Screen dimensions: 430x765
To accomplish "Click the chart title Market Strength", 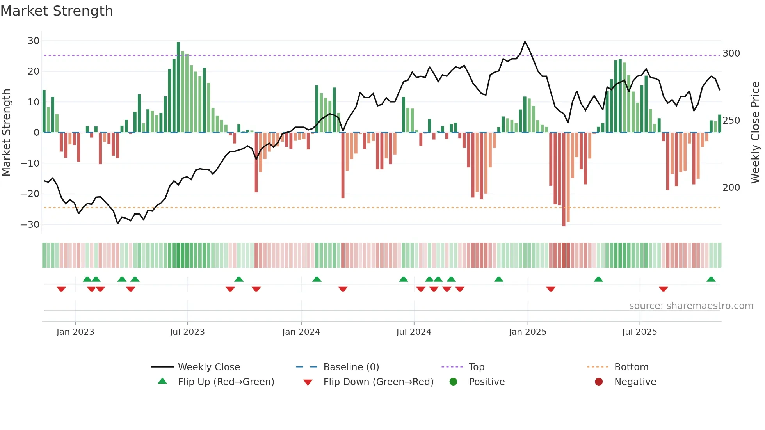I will point(57,11).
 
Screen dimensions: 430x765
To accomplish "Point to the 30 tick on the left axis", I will point(34,41).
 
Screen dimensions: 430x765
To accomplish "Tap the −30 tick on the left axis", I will point(30,225).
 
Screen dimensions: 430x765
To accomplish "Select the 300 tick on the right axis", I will point(731,53).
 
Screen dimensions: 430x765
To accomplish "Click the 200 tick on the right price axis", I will point(731,188).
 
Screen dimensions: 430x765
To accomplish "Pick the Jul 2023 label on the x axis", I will point(187,332).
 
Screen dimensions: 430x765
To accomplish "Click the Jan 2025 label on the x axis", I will point(527,332).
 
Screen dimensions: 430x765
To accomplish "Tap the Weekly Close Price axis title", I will point(755,133).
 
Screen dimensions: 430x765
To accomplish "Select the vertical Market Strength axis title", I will point(6,133).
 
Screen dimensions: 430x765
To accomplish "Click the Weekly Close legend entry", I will point(208,367).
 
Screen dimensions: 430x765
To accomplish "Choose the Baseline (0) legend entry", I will point(351,367).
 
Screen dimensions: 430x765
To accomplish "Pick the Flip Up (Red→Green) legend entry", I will point(226,382).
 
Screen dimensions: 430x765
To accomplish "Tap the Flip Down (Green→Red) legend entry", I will point(378,382).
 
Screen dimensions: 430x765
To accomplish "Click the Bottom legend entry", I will point(631,367).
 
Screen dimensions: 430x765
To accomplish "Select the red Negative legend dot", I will point(599,382).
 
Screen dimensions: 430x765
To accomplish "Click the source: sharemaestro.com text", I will point(691,306).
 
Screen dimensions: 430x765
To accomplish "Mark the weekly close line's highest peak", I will point(525,42).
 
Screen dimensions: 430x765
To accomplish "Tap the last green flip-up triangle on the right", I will point(711,279).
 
